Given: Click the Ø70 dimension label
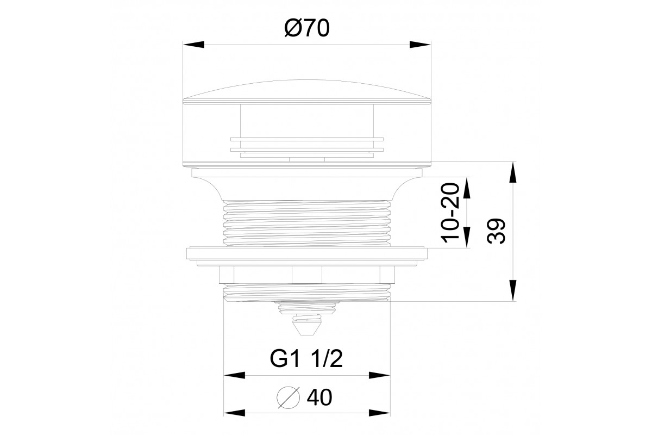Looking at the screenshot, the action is coord(307,28).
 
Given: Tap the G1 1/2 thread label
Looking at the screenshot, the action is coord(306,359).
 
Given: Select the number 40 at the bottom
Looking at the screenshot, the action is coord(319,397).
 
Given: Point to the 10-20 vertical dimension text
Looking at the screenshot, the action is coord(450,213).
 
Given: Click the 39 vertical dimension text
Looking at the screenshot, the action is coord(496,231).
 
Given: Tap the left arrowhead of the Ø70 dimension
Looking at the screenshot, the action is coord(193,45).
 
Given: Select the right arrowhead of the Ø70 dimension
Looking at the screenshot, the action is coord(419,45).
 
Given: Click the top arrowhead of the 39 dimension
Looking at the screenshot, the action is coord(512,172).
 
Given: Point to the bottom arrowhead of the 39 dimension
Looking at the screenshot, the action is coord(512,290).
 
